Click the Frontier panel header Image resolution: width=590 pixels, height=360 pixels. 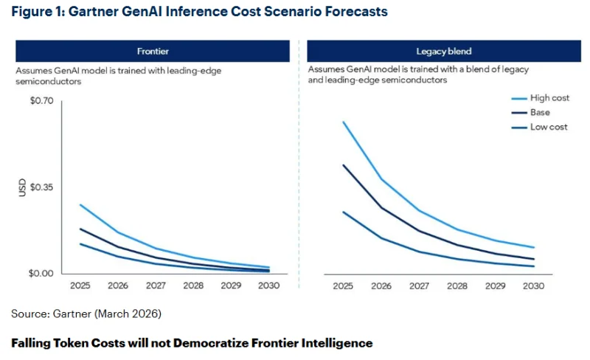(x=152, y=51)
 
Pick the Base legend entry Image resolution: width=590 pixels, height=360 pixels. (x=539, y=113)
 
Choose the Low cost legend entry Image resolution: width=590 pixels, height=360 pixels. (x=548, y=127)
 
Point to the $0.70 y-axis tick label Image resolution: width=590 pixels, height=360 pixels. (x=41, y=100)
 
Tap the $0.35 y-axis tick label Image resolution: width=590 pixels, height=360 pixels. (x=41, y=187)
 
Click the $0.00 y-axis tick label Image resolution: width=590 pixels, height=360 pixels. (x=41, y=274)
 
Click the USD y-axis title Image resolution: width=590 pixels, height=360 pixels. (x=21, y=187)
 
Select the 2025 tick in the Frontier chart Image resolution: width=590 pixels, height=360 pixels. (x=80, y=285)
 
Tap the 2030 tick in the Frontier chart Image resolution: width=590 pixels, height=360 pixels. (x=269, y=285)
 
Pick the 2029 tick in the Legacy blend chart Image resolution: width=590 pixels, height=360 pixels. (x=496, y=286)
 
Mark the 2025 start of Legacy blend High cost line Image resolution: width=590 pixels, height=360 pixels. (x=344, y=122)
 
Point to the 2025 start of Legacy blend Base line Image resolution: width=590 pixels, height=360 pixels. (x=344, y=165)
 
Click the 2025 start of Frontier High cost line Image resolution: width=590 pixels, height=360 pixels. (x=80, y=204)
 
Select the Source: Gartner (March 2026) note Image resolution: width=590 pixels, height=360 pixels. (x=86, y=314)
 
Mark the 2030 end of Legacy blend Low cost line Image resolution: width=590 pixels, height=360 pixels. (x=533, y=266)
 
